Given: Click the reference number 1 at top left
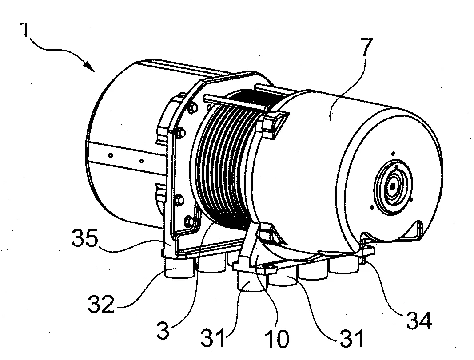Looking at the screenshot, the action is pos(25,30).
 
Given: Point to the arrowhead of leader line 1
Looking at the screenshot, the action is pos(90,67).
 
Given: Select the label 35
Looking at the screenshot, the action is pos(85,238).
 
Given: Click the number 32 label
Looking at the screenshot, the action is pos(101,304).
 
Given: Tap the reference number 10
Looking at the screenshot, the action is pos(277,338).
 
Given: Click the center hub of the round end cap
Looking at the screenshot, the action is pos(392,187).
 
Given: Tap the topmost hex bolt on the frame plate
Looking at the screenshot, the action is pos(192,107).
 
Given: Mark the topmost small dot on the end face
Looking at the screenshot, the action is pos(393,154).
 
